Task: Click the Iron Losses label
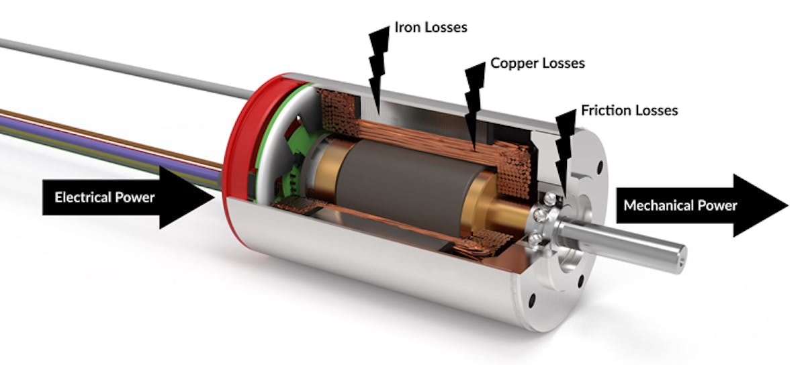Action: (x=431, y=28)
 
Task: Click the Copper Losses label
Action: (x=537, y=64)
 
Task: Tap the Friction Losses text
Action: (x=629, y=110)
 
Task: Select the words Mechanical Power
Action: (x=680, y=205)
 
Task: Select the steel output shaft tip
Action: (x=678, y=254)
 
